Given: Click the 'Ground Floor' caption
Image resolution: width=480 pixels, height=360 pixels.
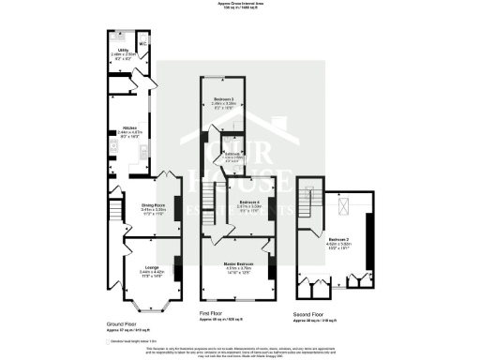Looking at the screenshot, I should tap(121, 324).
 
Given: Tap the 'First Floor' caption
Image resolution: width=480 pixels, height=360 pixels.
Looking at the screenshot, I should tap(211, 312).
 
